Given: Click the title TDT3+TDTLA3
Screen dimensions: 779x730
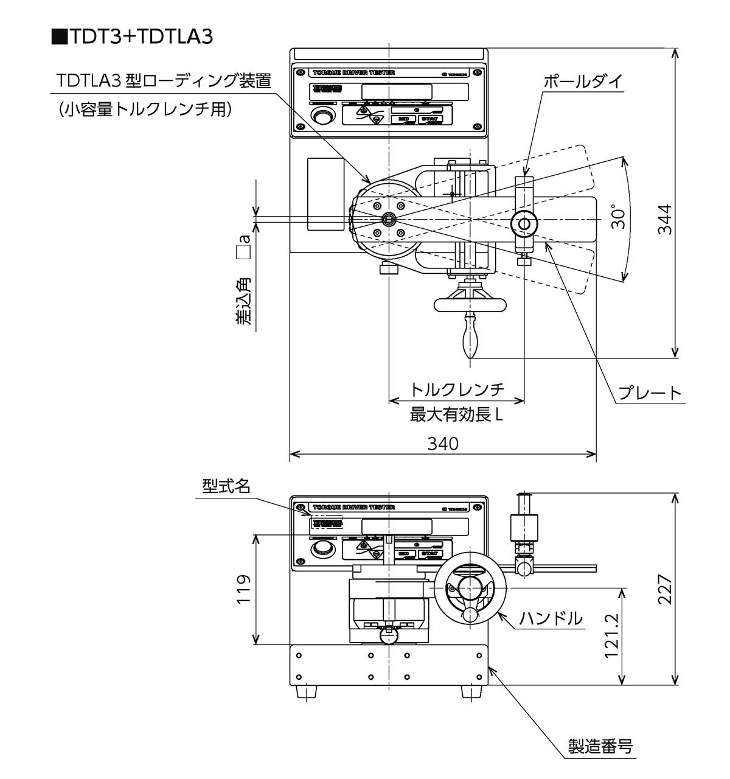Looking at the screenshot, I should (134, 37).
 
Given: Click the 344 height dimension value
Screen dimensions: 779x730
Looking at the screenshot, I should (666, 219).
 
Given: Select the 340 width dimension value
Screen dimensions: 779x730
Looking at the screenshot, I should (442, 444).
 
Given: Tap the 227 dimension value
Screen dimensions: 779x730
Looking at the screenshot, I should (666, 589).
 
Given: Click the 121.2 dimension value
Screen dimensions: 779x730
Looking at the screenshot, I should (611, 635).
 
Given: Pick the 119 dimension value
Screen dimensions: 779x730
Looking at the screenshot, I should (243, 589).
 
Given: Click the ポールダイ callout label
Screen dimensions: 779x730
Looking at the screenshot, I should (582, 82).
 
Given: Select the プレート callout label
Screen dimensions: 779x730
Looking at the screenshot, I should (650, 393).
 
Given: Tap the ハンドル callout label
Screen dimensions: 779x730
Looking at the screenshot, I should (551, 618).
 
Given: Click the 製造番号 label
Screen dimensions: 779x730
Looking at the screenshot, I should (600, 747).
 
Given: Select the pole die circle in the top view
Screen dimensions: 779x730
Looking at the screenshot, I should (524, 223).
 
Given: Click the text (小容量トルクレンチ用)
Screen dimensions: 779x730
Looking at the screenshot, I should (145, 109).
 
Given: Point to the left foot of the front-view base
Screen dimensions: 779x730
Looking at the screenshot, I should (303, 692).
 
